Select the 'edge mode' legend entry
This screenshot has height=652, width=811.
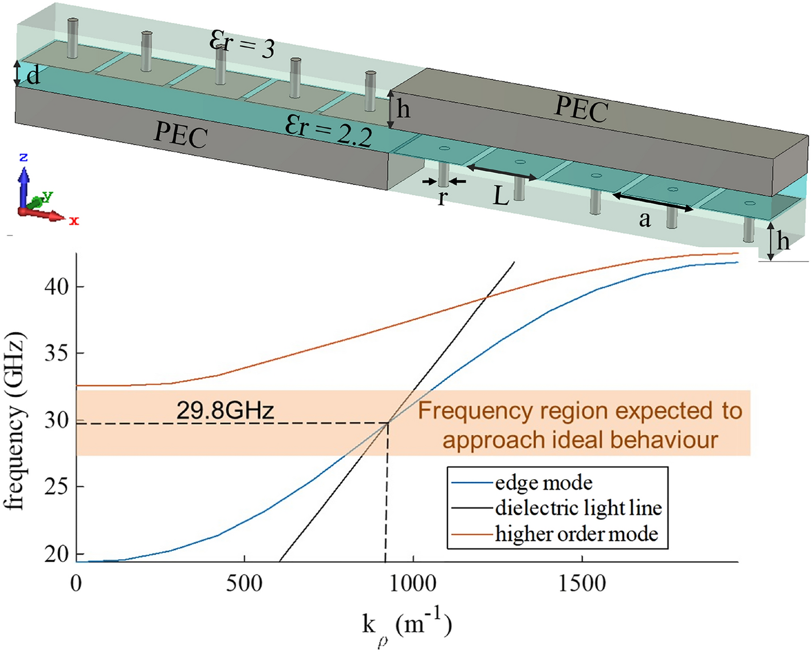543,483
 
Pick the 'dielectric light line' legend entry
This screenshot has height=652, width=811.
578,508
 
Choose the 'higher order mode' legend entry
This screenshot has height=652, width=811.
576,534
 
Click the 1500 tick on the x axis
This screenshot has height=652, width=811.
582,583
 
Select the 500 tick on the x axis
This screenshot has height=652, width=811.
245,583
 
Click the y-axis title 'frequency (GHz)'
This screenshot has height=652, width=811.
15,420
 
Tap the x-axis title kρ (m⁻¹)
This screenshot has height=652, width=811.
407,626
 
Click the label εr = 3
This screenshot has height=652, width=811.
242,45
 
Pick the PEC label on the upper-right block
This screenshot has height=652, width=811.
580,108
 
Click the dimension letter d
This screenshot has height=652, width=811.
33,76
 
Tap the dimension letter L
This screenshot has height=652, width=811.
501,196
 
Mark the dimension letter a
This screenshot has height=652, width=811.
645,219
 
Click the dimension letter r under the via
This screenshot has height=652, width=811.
442,197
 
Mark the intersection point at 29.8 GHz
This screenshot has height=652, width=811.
388,422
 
